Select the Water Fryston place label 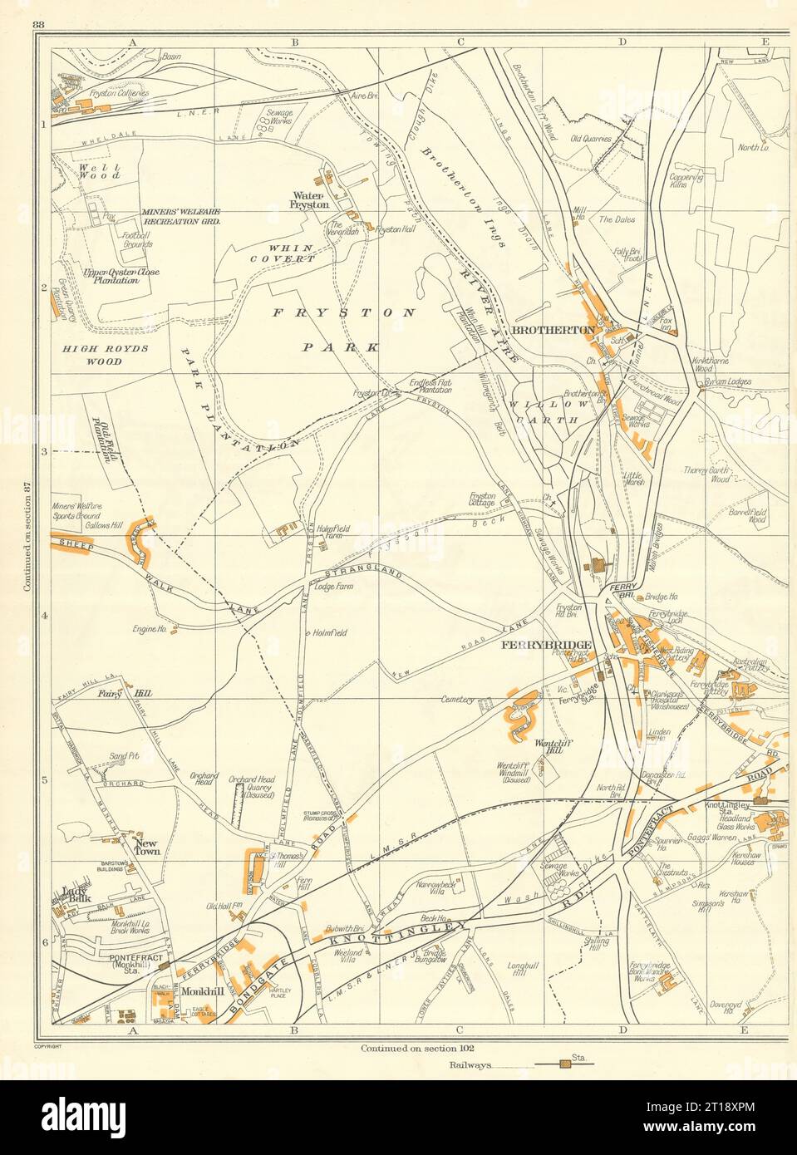point(308,198)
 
